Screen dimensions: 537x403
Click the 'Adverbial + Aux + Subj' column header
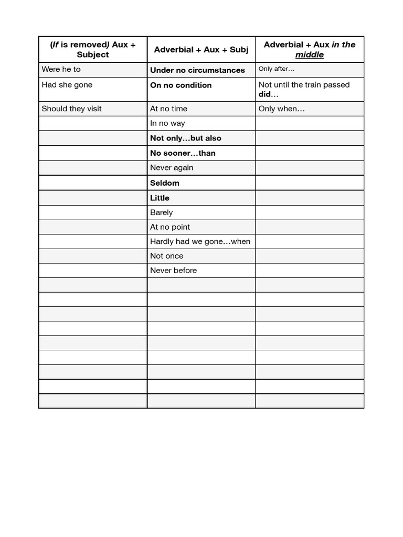201,50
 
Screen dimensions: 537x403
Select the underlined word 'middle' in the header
309,55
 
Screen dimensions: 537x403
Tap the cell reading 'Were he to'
61,69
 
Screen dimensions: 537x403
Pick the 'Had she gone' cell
67,85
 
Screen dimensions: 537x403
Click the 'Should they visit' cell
72,109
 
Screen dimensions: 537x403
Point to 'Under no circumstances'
197,70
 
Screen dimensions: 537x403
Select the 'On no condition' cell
181,85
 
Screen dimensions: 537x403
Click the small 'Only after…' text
277,69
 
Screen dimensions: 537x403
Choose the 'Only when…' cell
282,109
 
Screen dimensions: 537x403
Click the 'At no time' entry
168,109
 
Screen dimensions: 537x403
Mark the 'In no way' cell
167,123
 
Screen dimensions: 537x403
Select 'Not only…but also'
186,138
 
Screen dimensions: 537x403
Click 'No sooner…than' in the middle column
183,153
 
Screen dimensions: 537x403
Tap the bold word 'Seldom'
165,183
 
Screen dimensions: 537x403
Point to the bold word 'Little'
160,198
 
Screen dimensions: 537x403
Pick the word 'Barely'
161,212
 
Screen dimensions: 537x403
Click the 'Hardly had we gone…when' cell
200,241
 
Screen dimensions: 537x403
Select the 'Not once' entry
167,256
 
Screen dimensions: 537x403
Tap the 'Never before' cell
173,271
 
